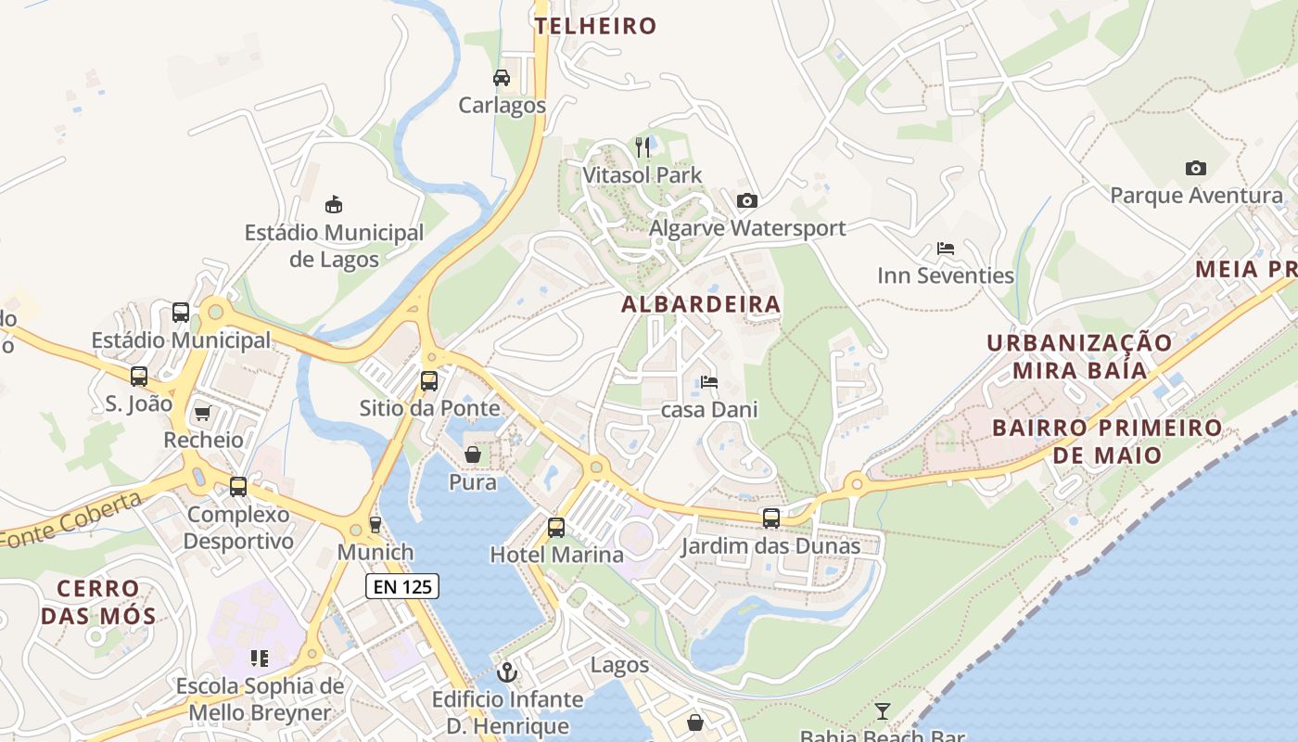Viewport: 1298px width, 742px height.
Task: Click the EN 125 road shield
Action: (401, 586)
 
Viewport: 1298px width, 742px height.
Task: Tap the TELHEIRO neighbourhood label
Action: (595, 26)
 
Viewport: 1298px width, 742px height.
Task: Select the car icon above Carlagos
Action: (502, 78)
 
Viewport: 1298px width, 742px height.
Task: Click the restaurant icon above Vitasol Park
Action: (643, 147)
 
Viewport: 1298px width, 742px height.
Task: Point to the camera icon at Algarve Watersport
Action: (746, 200)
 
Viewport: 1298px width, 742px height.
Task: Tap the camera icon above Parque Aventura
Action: (1196, 168)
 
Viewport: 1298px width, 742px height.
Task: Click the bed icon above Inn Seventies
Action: (946, 249)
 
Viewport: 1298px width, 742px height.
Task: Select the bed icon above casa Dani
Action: (709, 381)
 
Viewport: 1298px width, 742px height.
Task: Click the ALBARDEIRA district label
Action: (701, 304)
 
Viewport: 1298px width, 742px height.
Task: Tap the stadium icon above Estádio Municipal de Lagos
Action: (334, 204)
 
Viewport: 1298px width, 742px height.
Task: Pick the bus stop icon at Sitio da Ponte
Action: (428, 380)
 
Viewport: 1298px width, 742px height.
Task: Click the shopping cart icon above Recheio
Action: (202, 413)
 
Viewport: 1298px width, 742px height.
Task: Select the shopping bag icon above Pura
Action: (473, 454)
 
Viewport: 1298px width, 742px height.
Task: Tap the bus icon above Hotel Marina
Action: (556, 527)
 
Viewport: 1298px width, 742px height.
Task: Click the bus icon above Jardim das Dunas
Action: (771, 518)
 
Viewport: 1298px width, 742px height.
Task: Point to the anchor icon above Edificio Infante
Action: (506, 672)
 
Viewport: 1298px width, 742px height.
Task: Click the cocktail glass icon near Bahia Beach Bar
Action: (882, 711)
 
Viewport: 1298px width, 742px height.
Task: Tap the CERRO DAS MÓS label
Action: (98, 602)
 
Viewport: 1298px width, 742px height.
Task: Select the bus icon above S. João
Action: (139, 377)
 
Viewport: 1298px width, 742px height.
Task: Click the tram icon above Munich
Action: (375, 525)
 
